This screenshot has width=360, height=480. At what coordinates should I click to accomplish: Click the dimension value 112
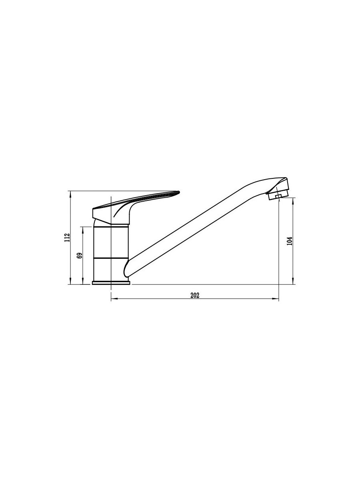[67, 238]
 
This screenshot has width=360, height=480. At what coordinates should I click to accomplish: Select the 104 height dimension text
[290, 241]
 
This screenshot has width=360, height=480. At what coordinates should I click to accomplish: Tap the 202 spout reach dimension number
[195, 295]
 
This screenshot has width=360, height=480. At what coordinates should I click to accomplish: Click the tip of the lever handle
[179, 192]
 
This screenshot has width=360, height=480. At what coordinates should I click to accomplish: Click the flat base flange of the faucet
[111, 283]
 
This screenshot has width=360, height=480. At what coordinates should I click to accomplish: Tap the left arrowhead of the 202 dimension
[114, 298]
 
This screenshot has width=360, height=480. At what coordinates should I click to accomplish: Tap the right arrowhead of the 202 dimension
[276, 298]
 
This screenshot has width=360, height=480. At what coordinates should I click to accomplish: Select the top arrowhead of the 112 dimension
[70, 194]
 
